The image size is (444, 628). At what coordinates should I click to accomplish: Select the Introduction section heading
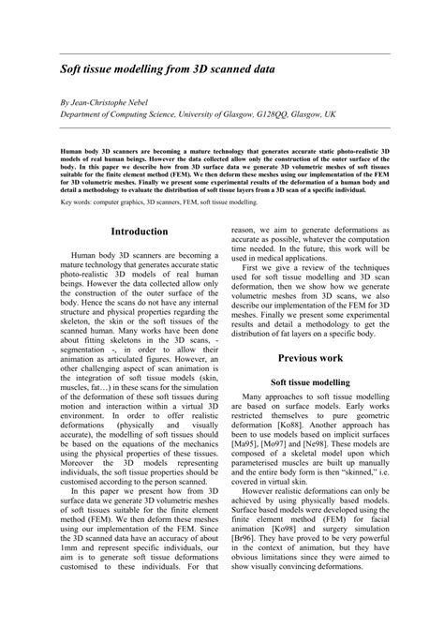pyautogui.click(x=140, y=232)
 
